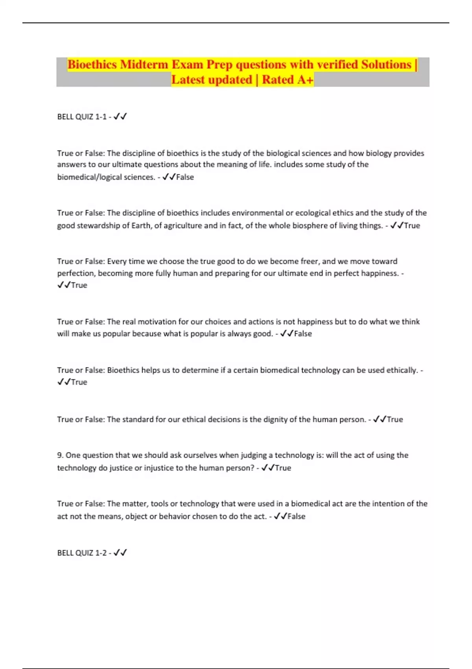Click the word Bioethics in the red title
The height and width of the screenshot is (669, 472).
92,65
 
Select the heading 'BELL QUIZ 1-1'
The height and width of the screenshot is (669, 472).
82,117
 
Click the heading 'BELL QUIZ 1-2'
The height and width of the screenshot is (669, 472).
82,553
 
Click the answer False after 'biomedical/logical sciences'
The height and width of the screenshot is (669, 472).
185,177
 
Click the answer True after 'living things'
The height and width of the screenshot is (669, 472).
412,226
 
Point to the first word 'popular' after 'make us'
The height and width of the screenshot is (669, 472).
116,334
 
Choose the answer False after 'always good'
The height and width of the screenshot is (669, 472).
303,334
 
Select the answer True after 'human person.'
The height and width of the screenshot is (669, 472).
395,420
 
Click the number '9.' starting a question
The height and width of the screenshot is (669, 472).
60,455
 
